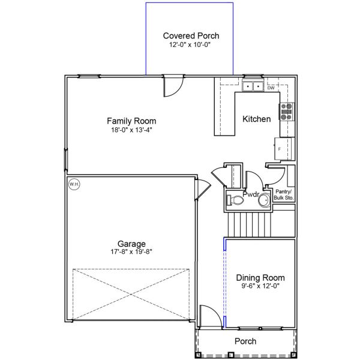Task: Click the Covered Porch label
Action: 191,36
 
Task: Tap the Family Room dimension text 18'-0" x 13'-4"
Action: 127,129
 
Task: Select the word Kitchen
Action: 256,119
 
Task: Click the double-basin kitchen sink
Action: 253,86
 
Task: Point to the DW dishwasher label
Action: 271,88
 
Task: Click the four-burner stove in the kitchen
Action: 286,112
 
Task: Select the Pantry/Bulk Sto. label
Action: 283,194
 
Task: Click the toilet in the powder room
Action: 235,200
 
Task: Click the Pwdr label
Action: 250,194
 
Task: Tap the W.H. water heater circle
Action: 74,184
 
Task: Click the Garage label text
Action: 131,244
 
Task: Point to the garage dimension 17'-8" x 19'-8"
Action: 131,252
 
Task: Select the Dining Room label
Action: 260,278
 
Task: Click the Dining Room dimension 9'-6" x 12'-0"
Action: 260,286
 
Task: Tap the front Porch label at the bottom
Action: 245,341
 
